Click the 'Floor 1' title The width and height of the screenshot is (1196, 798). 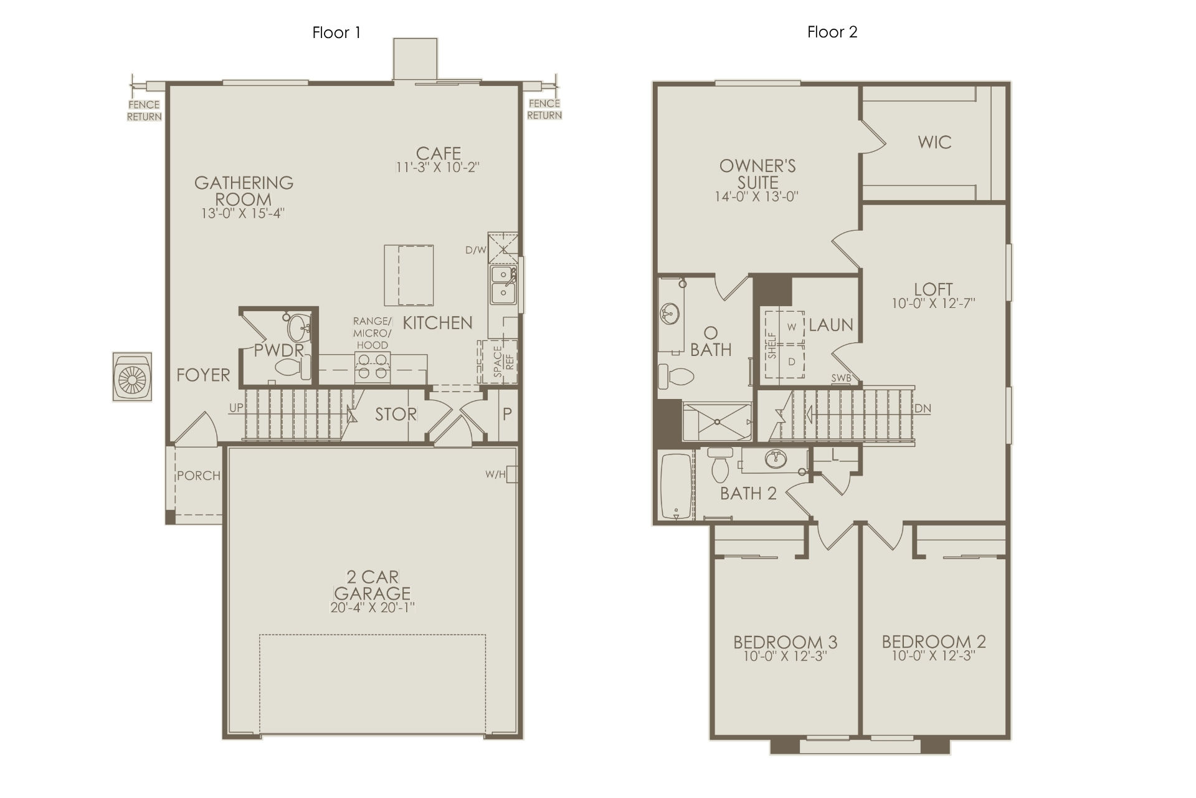point(336,32)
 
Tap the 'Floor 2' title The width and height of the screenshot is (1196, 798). point(832,32)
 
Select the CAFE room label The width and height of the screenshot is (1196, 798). point(439,153)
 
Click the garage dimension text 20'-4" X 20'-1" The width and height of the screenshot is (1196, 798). point(373,607)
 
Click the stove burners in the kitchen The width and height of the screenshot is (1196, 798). point(373,365)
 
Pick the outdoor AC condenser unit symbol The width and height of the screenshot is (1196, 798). point(132,377)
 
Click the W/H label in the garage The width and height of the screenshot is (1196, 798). point(496,475)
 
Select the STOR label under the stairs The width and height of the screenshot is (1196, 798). point(396,415)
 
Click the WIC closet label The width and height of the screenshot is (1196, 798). point(934,142)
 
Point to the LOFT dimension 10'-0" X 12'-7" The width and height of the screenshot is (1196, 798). point(933,304)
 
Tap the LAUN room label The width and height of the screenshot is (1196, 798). point(831,325)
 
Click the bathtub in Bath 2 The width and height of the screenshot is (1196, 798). point(676,486)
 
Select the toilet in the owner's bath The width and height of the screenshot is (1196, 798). point(676,376)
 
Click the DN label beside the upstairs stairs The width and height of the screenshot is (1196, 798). point(923,409)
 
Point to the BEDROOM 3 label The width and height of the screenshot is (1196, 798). point(785,642)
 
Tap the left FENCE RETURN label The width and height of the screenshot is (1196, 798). point(145,110)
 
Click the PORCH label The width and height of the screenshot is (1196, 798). point(199,476)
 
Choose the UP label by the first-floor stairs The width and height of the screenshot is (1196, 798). point(236,408)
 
